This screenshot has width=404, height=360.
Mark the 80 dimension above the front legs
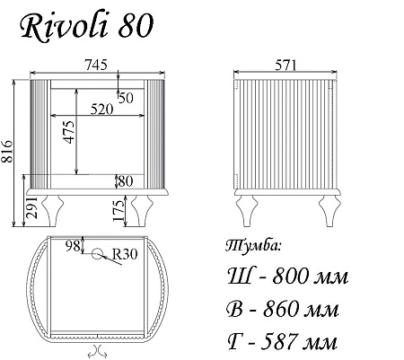[x=125, y=180]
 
